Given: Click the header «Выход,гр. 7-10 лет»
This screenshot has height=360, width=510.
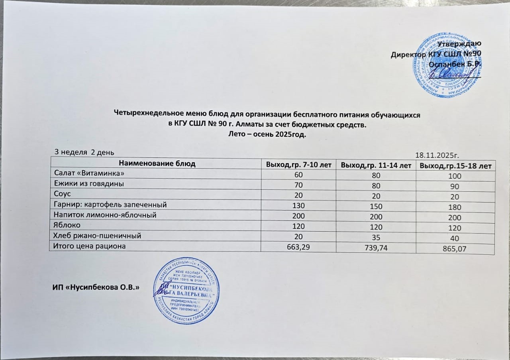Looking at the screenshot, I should point(298,164).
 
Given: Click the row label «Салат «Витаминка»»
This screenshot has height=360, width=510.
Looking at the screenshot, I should point(84,174).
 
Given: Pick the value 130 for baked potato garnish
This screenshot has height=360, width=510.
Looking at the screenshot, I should point(298,205).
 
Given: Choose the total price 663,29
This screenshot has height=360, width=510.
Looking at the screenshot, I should point(298,247).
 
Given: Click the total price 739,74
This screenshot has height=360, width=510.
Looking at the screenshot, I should point(375,248).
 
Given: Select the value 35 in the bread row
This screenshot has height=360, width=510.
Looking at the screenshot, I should point(375,238).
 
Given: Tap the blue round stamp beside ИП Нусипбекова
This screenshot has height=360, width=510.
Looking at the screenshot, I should point(187,291).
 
